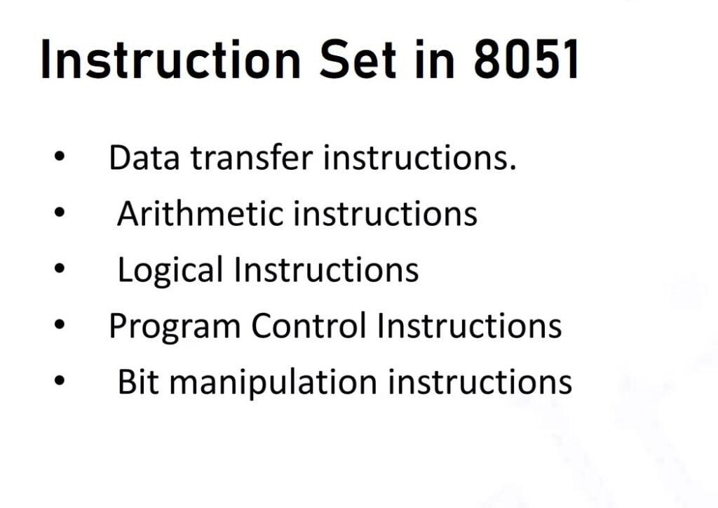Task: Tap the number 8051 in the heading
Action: [527, 60]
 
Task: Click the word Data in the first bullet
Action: [145, 158]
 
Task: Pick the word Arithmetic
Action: [201, 213]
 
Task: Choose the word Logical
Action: [170, 269]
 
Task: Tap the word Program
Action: [175, 326]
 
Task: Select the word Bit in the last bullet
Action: [138, 382]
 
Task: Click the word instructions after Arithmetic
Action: [385, 213]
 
